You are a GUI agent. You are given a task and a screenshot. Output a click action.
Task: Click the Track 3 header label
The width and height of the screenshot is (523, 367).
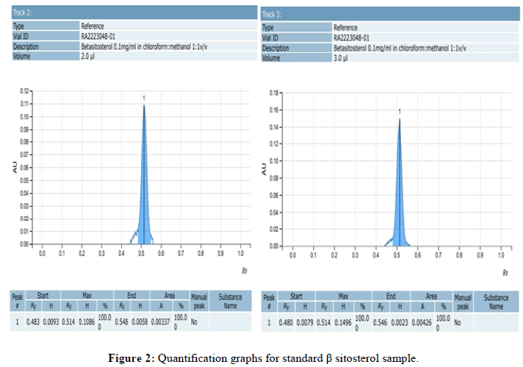[x=274, y=15]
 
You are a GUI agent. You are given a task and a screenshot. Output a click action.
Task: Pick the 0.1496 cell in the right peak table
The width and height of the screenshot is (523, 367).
[x=341, y=322]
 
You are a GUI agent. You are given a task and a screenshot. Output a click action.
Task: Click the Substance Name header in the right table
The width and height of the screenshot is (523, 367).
[x=496, y=302]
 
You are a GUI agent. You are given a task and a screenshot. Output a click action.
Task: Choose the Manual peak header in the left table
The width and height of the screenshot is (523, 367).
[x=198, y=300]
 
